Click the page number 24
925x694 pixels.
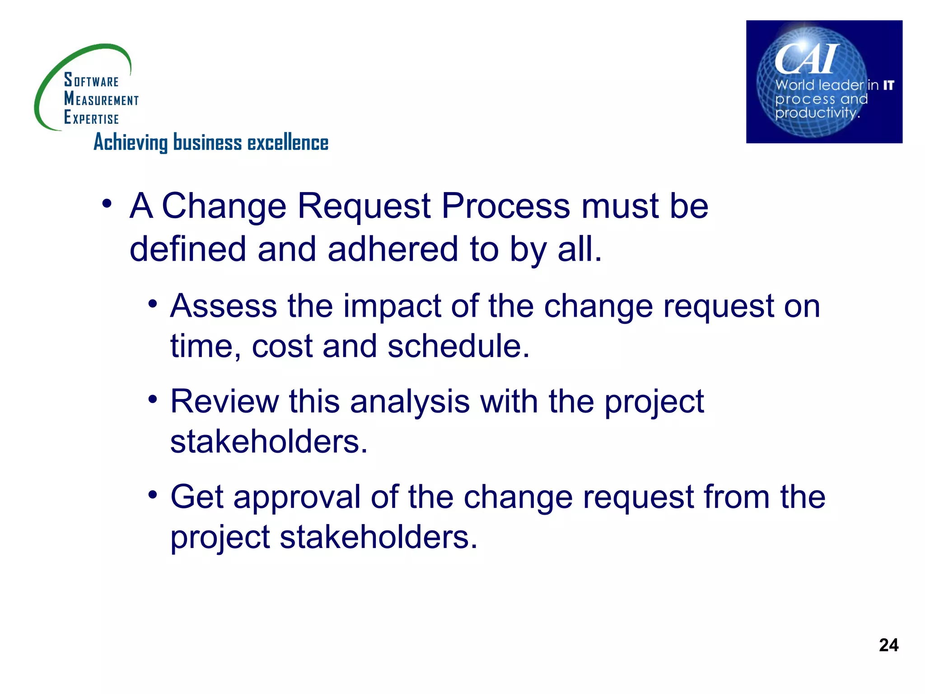pos(888,645)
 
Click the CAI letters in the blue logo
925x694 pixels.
pos(806,59)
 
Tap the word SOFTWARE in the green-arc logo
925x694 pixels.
pos(91,80)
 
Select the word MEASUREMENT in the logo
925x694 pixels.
pos(101,99)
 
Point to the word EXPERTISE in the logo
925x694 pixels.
pos(91,117)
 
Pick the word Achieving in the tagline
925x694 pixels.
pos(131,143)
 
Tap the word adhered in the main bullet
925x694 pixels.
pos(392,249)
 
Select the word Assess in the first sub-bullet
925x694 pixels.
pos(224,306)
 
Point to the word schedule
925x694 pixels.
pos(458,347)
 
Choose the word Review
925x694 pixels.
pos(224,402)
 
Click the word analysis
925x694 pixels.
pos(409,402)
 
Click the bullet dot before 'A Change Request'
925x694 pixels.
pos(107,204)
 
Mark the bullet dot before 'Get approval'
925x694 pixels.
pos(153,495)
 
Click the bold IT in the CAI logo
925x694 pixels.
pos(888,85)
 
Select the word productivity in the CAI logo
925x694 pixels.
pos(817,113)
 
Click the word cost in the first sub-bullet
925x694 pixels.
pos(282,347)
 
